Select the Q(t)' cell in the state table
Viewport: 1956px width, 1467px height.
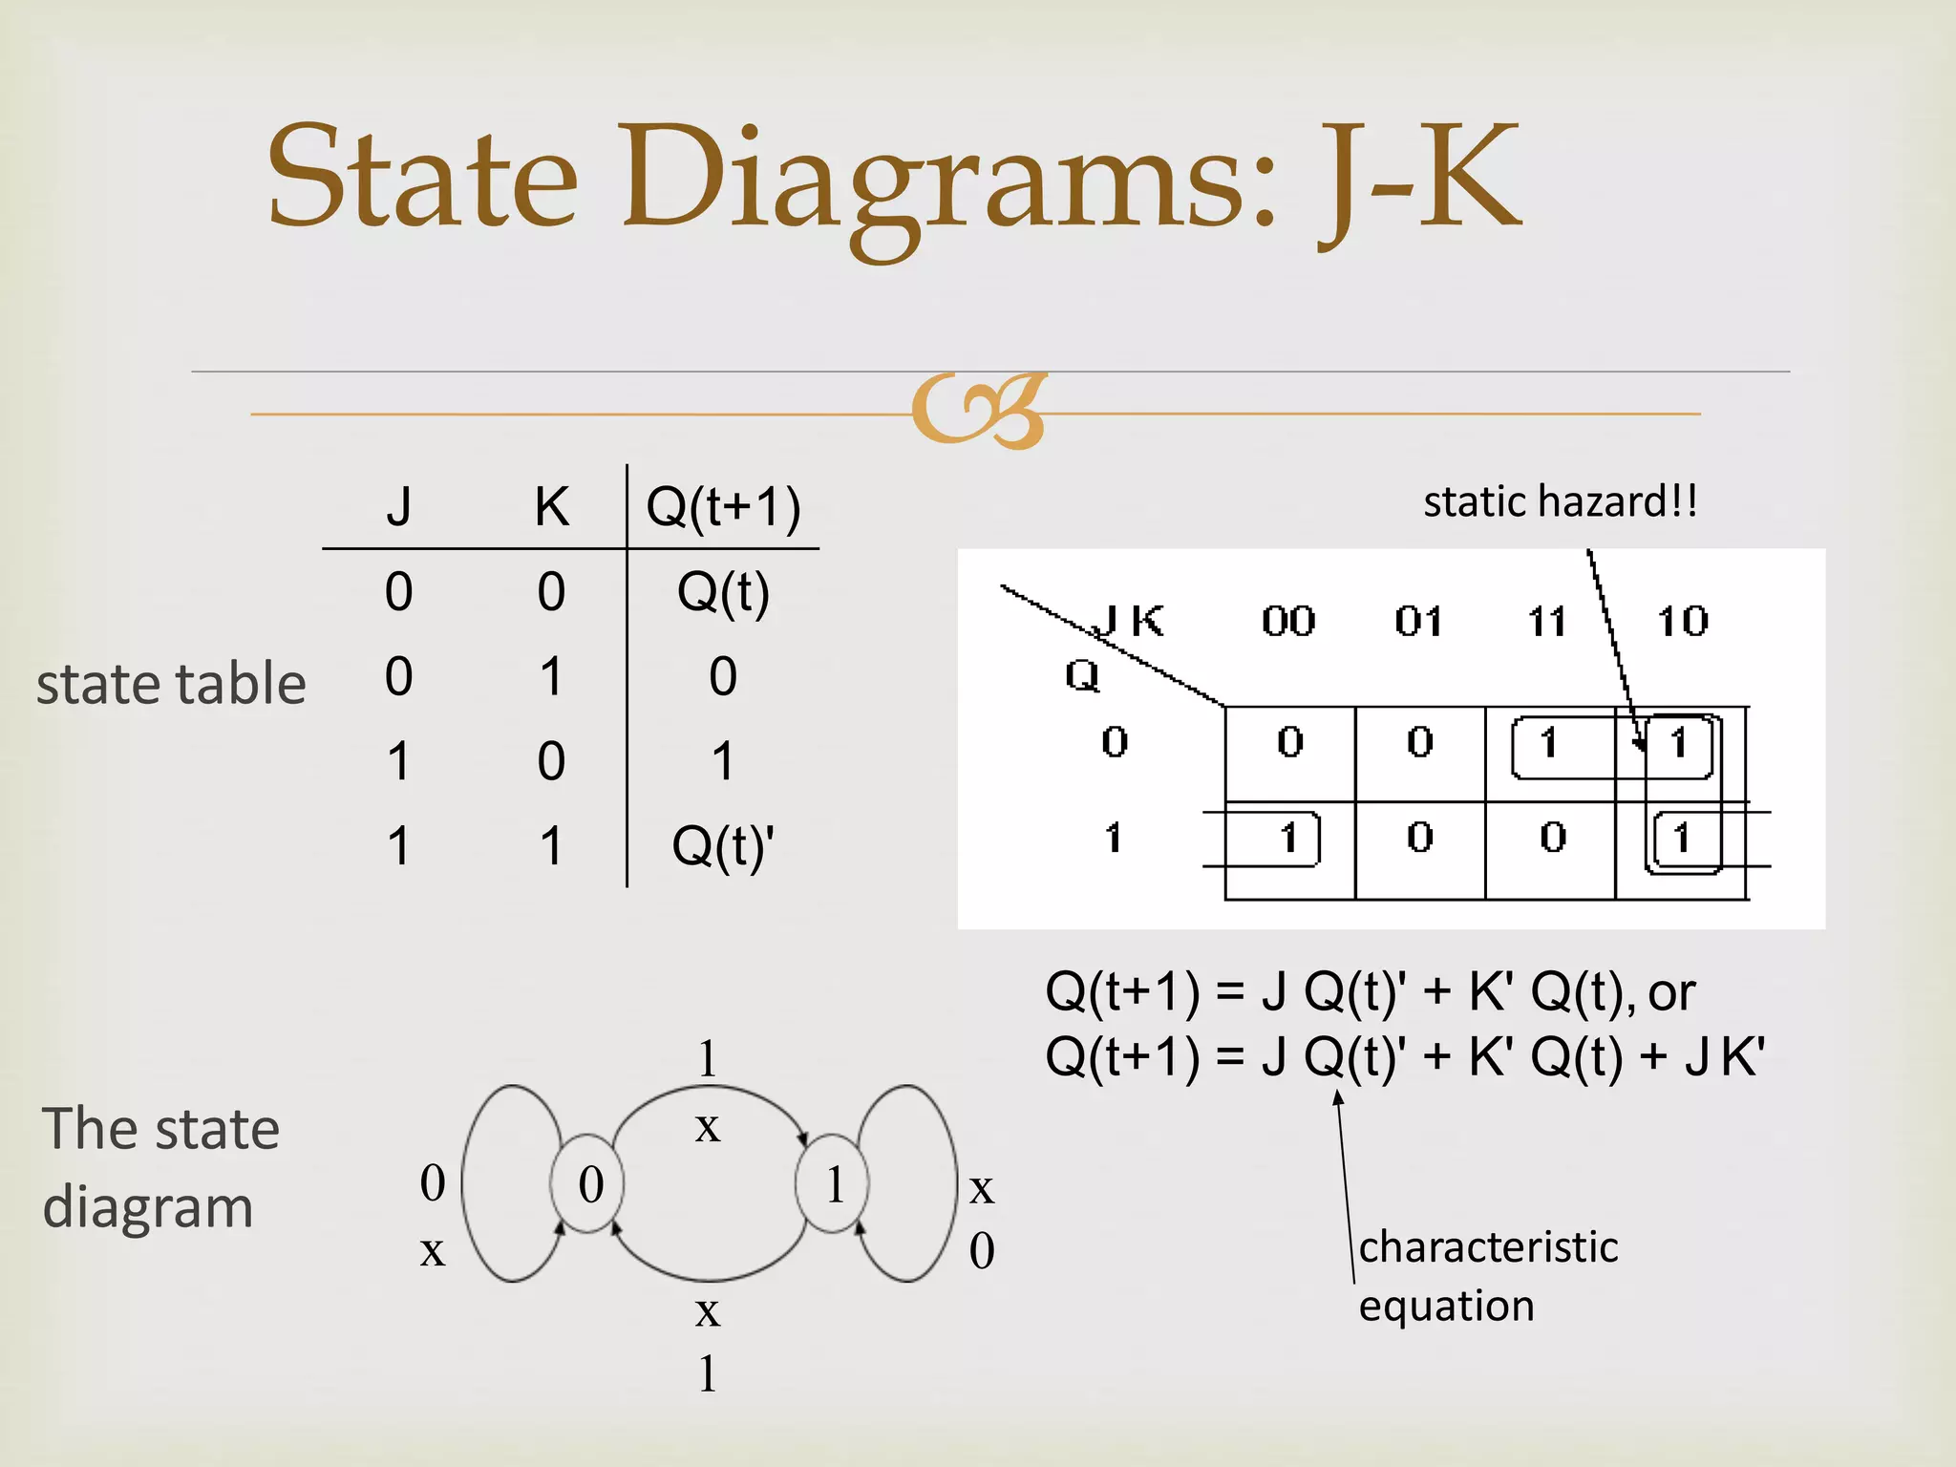723,846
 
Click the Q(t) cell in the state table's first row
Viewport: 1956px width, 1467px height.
723,592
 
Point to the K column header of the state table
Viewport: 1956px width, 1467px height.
551,506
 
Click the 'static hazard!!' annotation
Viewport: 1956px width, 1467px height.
1561,501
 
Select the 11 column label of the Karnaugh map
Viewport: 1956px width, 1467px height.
1547,623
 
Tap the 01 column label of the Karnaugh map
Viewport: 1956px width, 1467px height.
1418,623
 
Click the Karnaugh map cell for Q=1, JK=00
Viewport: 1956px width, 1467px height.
1289,839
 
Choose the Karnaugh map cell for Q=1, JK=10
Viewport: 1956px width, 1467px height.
1681,839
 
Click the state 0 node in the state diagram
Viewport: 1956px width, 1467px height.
588,1184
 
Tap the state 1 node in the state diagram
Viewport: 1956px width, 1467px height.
833,1184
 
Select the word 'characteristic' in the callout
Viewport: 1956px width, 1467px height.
1488,1247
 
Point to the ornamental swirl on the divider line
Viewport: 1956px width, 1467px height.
978,411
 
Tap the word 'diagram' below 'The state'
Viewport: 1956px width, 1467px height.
148,1207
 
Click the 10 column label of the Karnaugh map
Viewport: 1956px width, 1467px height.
1682,623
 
